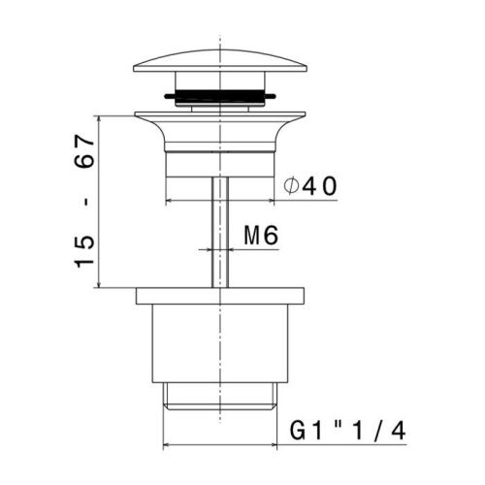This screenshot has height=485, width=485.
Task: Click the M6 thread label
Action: coord(261,236)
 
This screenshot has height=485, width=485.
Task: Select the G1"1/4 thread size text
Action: coord(347,431)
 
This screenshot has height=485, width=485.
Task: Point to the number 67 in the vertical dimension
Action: coord(84,151)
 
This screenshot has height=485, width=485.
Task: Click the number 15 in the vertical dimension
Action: coord(84,251)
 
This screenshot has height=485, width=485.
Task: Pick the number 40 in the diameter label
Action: coord(320,186)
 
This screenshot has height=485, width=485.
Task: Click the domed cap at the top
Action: coord(220,61)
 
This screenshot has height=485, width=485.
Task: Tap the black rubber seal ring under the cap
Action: coord(220,96)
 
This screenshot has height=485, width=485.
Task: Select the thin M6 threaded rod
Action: coord(220,232)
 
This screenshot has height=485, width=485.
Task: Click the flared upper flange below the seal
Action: coord(220,131)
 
